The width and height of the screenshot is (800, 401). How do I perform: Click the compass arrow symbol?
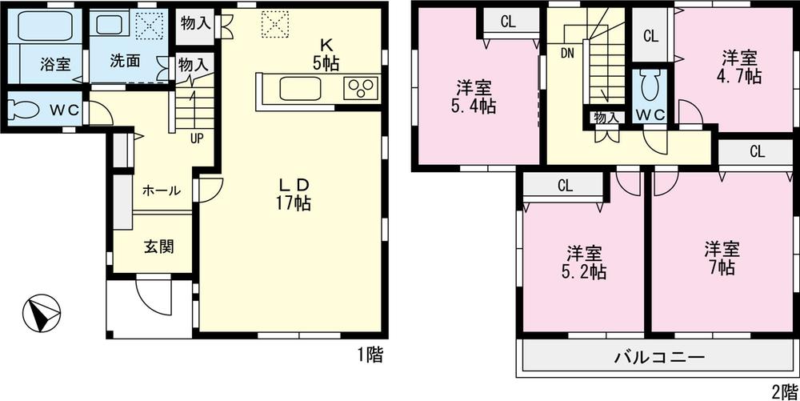[42, 313]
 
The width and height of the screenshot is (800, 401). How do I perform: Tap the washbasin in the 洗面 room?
[110, 25]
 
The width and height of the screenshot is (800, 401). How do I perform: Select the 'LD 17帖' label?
[294, 193]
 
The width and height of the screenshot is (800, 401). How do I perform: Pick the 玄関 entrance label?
[158, 247]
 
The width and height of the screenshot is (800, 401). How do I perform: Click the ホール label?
[161, 191]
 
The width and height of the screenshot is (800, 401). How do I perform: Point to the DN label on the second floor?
[566, 54]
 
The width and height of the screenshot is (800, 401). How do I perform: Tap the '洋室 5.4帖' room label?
[475, 96]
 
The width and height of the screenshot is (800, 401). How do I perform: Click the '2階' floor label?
[782, 391]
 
